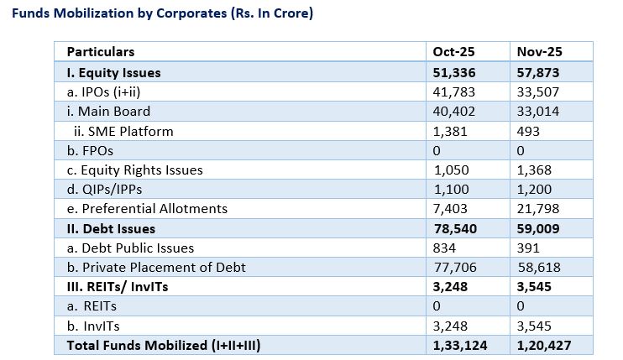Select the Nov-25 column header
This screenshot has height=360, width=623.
[x=539, y=52]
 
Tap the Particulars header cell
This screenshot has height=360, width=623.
[x=101, y=52]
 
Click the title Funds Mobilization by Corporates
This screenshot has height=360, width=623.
[x=157, y=15]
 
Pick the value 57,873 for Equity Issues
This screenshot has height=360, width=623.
[x=540, y=72]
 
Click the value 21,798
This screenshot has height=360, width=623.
[x=539, y=208]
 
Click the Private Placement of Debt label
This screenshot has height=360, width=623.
[x=150, y=267]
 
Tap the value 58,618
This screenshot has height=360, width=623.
[x=539, y=267]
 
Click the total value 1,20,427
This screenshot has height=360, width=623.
[x=545, y=345]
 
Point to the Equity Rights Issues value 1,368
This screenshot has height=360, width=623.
[x=536, y=170]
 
